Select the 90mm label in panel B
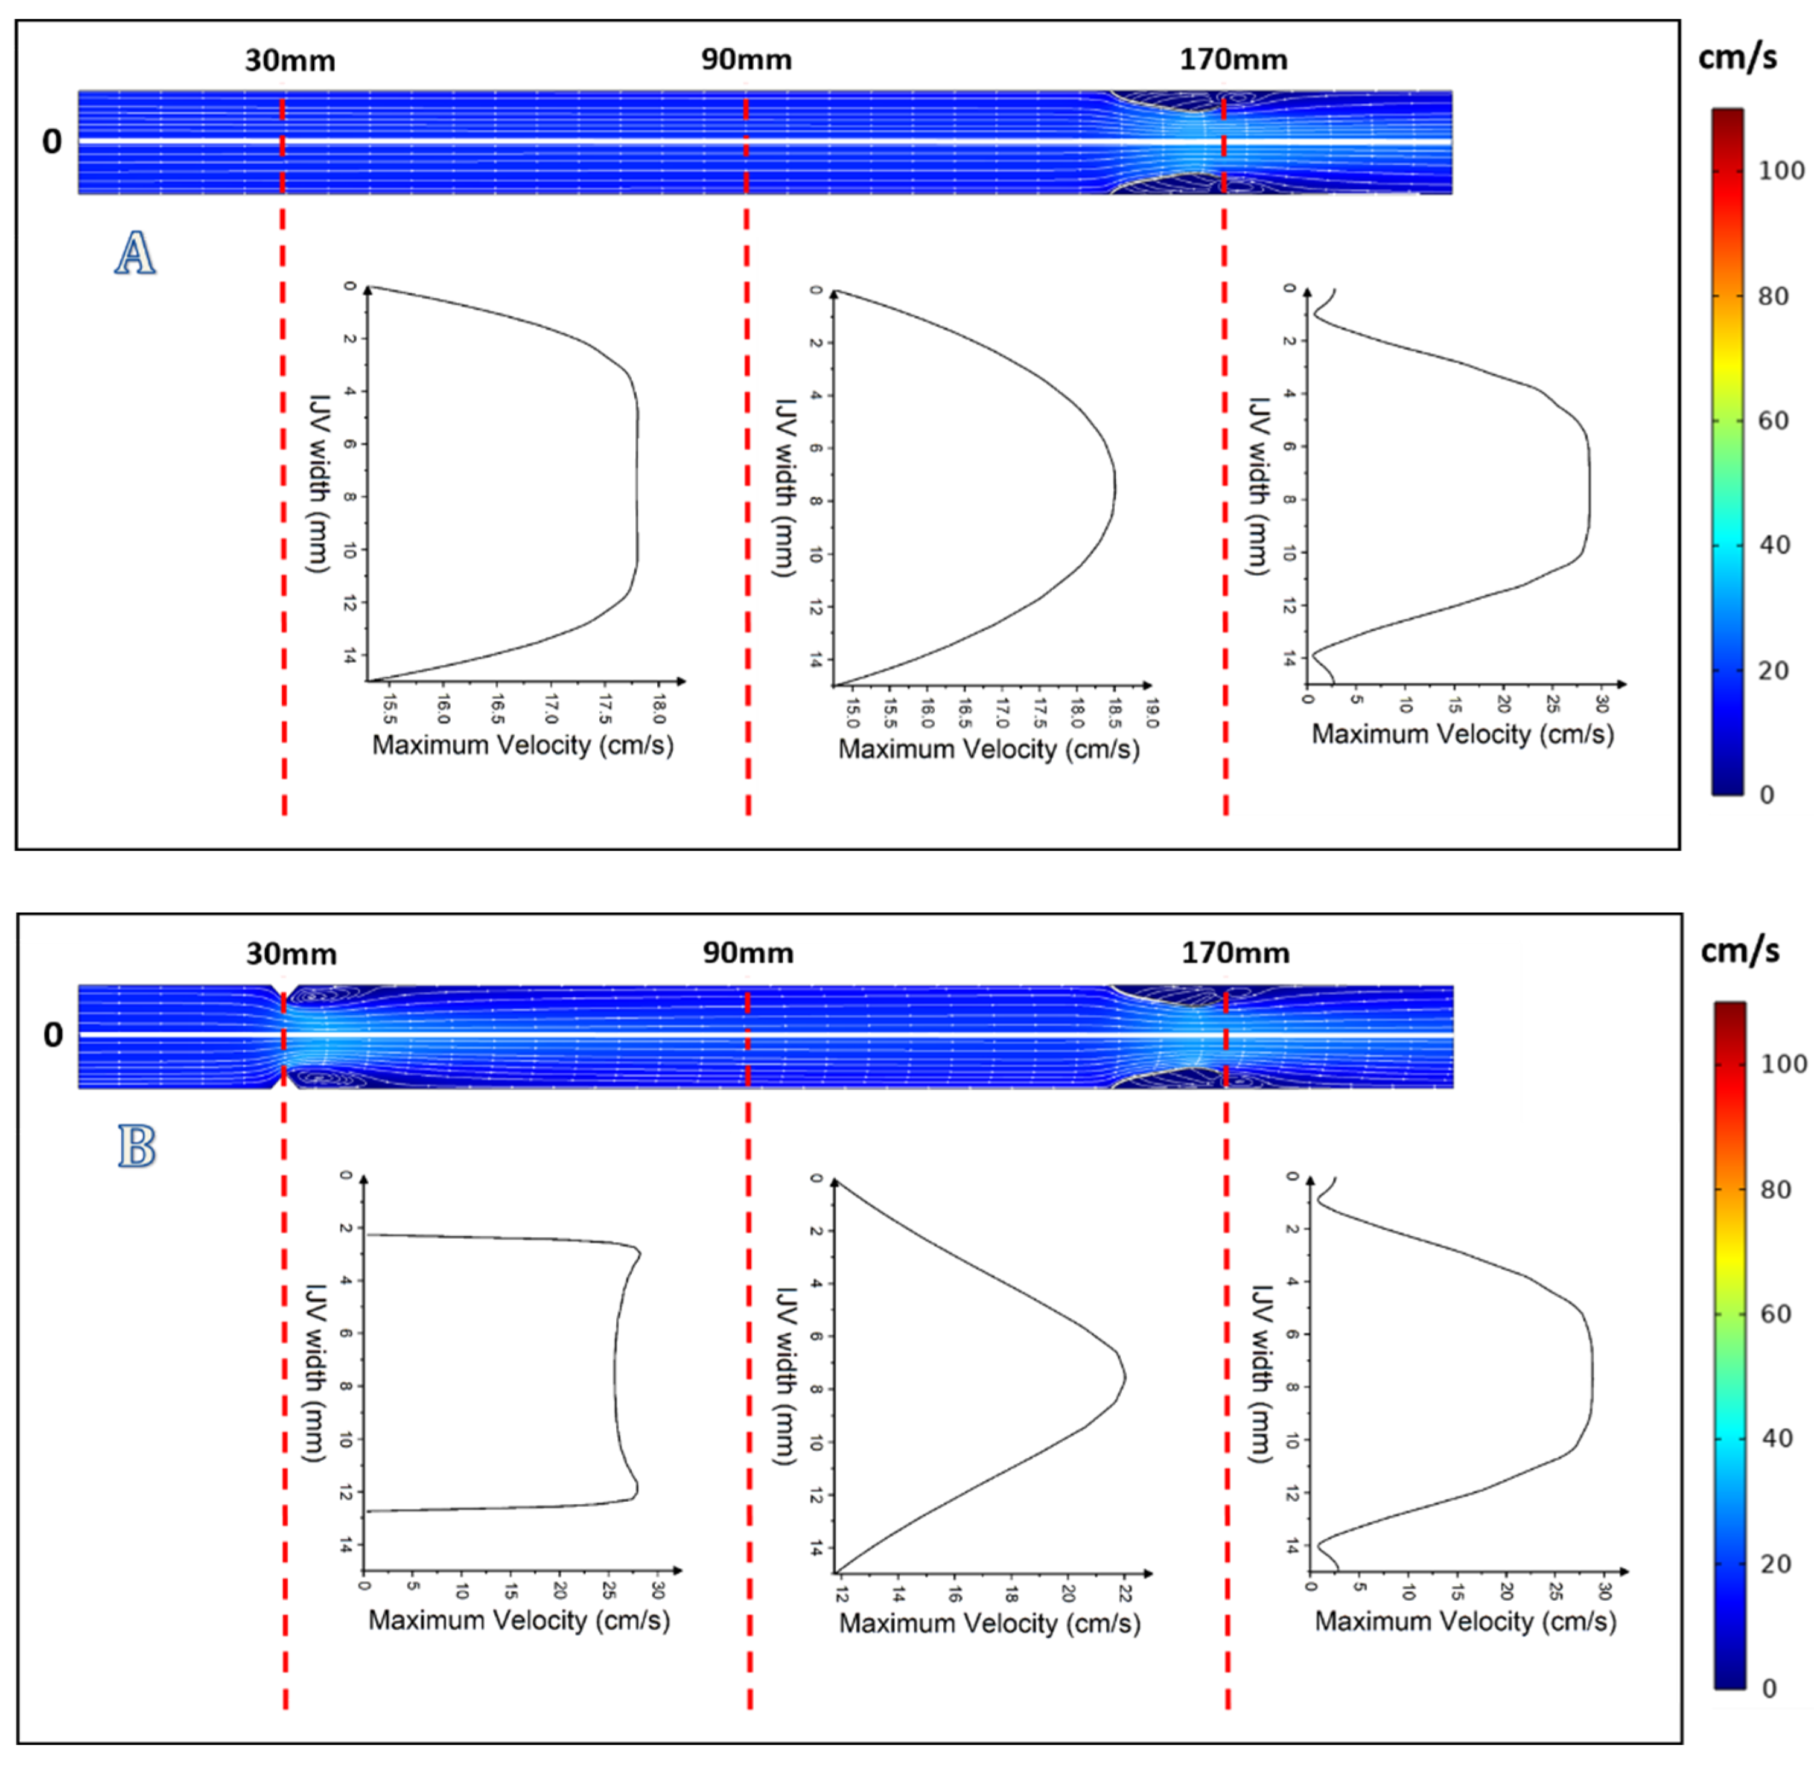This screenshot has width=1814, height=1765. (747, 954)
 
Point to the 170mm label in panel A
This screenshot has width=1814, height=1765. (1233, 60)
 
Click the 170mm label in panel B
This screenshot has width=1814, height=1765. (1235, 953)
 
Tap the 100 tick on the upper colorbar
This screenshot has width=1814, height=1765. (1781, 171)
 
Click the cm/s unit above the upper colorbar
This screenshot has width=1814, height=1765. (1737, 57)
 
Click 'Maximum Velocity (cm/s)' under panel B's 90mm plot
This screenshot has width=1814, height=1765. (989, 1623)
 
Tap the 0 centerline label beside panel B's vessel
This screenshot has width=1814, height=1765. (53, 1035)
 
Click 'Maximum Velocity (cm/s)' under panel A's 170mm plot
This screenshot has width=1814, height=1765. (1462, 734)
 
